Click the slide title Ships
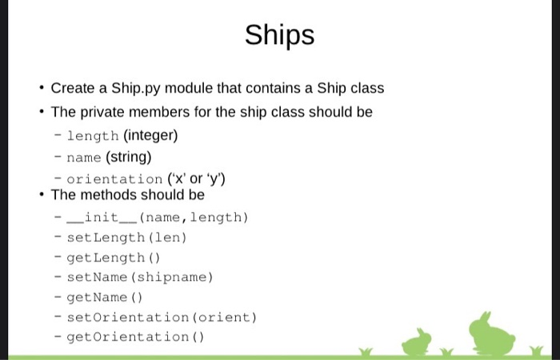pyautogui.click(x=279, y=35)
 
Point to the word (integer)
pyautogui.click(x=150, y=135)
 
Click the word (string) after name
pyautogui.click(x=129, y=157)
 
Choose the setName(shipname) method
pyautogui.click(x=140, y=277)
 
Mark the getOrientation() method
pyautogui.click(x=135, y=337)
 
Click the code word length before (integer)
pyautogui.click(x=93, y=135)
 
